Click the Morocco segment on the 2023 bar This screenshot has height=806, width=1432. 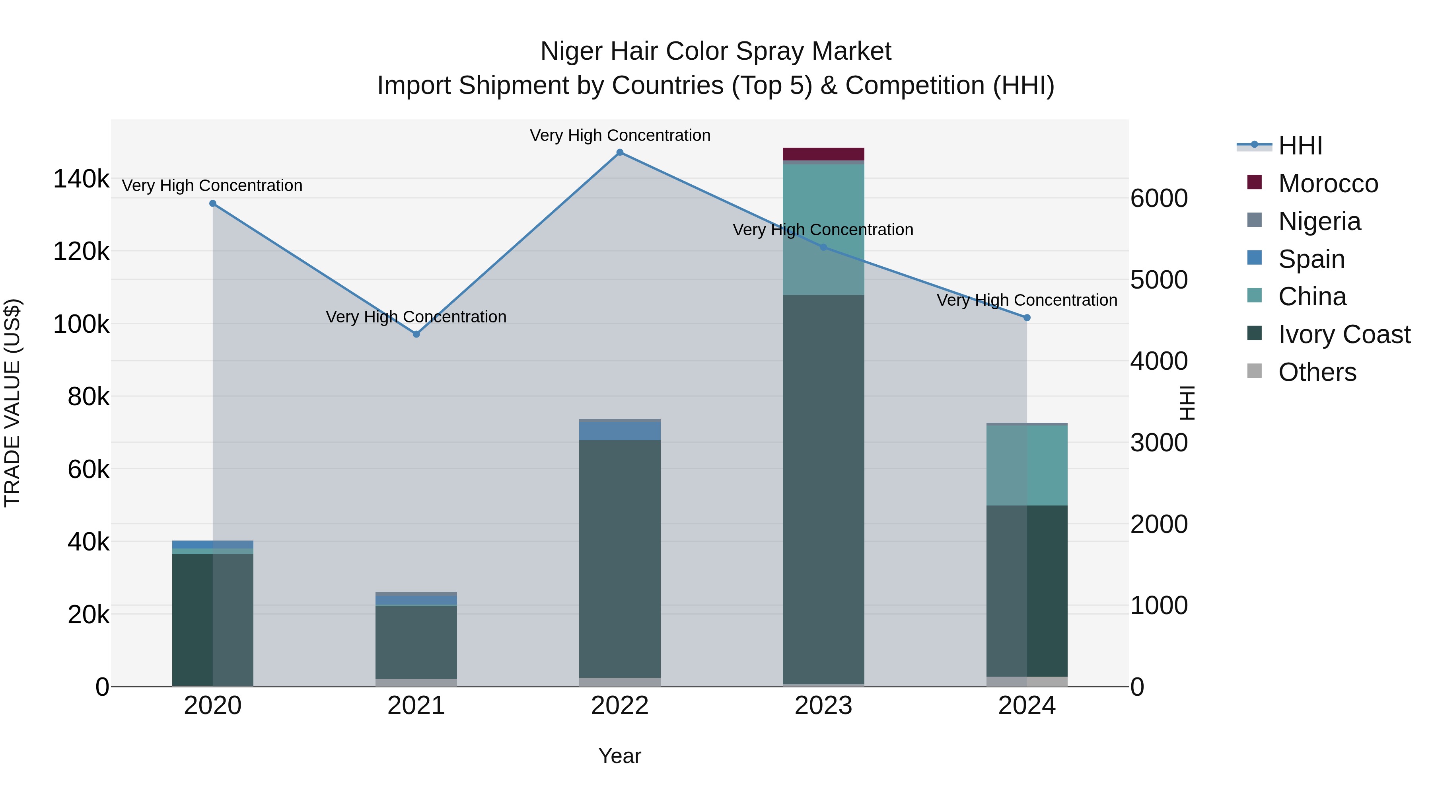[x=823, y=154]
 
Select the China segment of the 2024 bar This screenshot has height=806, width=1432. [x=1027, y=465]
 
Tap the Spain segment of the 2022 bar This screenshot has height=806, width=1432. [x=620, y=431]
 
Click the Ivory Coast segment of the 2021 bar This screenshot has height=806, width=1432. [x=416, y=642]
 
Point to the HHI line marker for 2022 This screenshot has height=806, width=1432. [x=620, y=152]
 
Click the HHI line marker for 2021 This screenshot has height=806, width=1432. [x=416, y=334]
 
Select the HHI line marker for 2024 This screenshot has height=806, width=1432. [x=1027, y=318]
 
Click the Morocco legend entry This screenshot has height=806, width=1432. [x=1327, y=183]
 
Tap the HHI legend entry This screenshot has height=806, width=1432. [x=1300, y=146]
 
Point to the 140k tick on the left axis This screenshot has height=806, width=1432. [x=81, y=179]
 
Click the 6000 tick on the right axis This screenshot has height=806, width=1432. [x=1159, y=199]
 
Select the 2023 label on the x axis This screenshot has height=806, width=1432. [x=823, y=706]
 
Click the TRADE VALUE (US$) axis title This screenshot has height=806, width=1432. [x=12, y=403]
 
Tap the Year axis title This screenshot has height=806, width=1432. [x=619, y=756]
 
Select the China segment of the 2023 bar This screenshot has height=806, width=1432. [x=823, y=229]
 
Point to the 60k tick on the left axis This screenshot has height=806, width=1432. [x=88, y=470]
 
